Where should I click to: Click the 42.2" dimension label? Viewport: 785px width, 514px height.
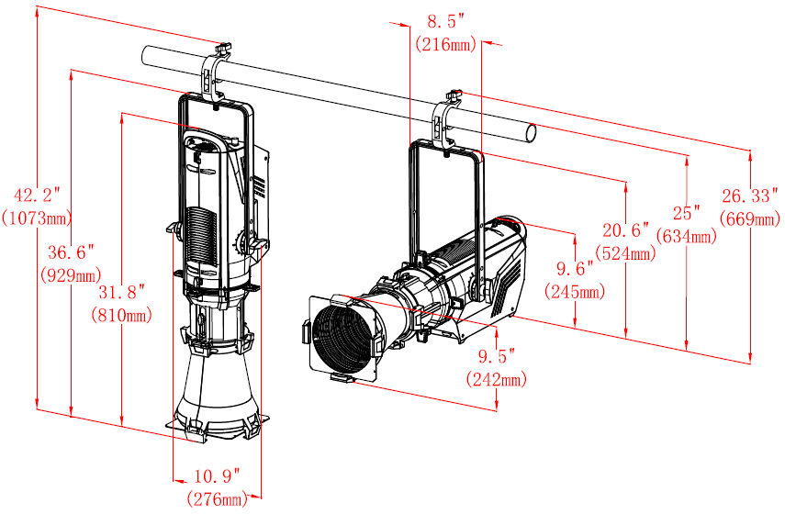pyautogui.click(x=37, y=195)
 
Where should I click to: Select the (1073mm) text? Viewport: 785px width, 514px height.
pyautogui.click(x=37, y=218)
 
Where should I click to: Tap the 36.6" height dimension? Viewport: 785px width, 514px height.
pyautogui.click(x=72, y=252)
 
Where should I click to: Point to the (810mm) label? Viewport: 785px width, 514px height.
pyautogui.click(x=122, y=316)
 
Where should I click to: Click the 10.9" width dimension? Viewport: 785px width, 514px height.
pyautogui.click(x=218, y=476)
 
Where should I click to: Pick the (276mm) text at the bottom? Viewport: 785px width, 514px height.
pyautogui.click(x=218, y=498)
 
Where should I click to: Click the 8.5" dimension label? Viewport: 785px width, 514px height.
pyautogui.click(x=445, y=21)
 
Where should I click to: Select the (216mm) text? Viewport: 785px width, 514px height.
pyautogui.click(x=445, y=45)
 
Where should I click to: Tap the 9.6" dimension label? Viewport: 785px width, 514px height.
pyautogui.click(x=575, y=269)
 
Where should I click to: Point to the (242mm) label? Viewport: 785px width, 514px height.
pyautogui.click(x=496, y=379)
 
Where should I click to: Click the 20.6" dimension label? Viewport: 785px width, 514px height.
pyautogui.click(x=626, y=230)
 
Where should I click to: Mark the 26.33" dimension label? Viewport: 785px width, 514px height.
pyautogui.click(x=750, y=196)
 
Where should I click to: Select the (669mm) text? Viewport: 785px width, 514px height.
pyautogui.click(x=750, y=218)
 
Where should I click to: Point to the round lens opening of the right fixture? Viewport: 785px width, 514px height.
pyautogui.click(x=343, y=337)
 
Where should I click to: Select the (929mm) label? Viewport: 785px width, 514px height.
pyautogui.click(x=72, y=274)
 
